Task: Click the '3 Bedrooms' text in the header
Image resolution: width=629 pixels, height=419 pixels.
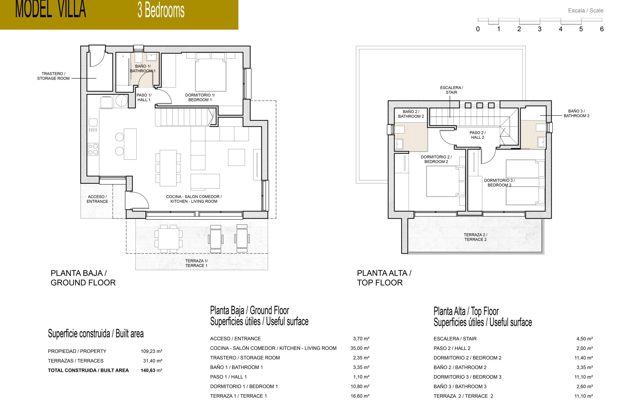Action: (161, 10)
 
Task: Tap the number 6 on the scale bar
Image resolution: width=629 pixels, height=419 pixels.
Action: (601, 29)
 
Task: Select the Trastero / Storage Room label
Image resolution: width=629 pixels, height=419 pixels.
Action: (53, 76)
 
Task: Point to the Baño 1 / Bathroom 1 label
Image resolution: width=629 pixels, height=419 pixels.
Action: (143, 68)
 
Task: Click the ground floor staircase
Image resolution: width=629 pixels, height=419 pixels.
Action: (185, 117)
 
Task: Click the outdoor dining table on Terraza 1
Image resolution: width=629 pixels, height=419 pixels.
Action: (168, 238)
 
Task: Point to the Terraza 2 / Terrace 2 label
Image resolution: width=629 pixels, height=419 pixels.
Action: (475, 237)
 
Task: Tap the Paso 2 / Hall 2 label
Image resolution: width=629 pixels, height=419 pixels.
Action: (478, 135)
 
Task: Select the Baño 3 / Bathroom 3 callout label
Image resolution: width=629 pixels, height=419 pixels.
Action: (576, 113)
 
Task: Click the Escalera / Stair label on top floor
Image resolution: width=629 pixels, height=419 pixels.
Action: (451, 90)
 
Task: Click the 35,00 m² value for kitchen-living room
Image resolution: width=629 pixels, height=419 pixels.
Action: (360, 348)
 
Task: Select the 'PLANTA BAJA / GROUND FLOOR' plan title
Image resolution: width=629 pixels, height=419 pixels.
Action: (83, 278)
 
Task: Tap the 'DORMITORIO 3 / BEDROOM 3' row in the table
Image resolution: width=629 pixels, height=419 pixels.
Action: (467, 377)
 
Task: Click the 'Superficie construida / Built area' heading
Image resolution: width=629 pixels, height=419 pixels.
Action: (96, 334)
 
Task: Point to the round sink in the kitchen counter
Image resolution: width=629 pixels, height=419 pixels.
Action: (122, 101)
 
